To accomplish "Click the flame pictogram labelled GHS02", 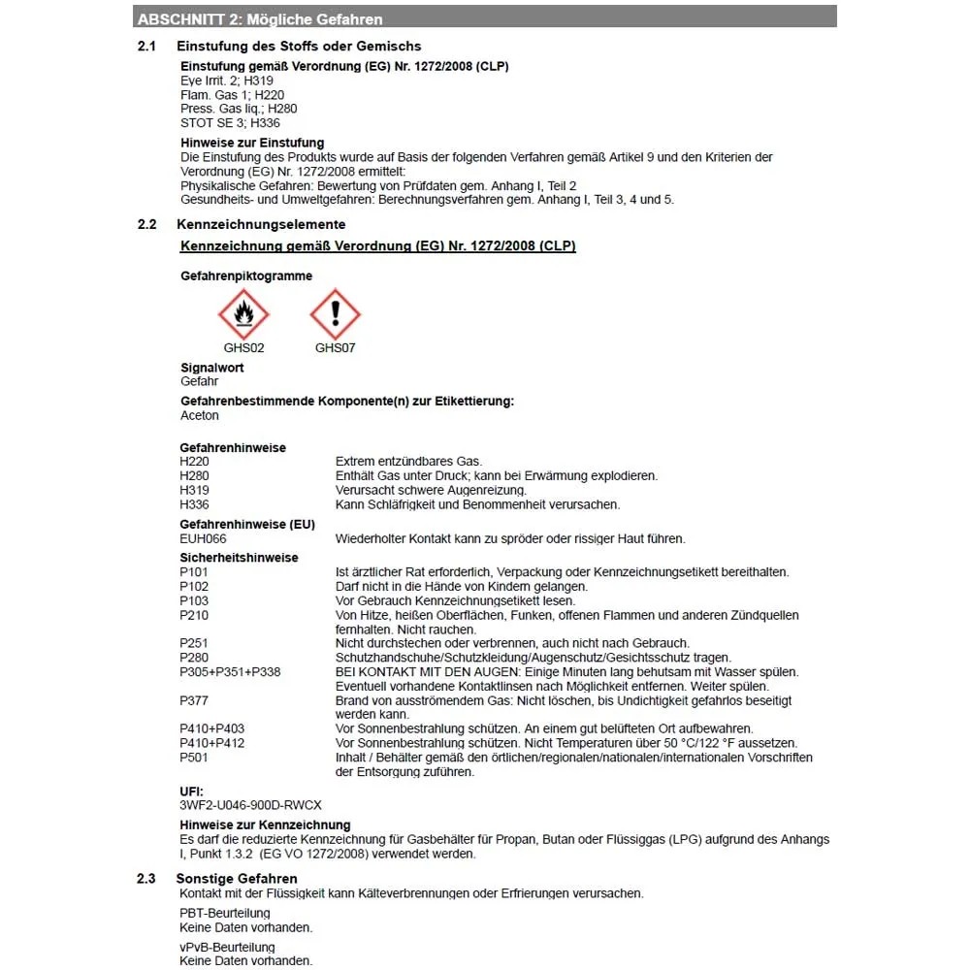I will [243, 313].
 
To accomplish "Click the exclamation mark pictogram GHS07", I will [335, 313].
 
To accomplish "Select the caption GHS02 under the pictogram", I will [243, 347].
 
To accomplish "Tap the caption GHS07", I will [335, 347].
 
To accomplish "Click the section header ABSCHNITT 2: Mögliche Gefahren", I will [260, 19].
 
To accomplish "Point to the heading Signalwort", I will [212, 368].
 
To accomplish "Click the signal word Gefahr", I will [200, 381].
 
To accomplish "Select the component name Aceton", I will [200, 415].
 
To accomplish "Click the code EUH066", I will [203, 538].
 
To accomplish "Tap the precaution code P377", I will [194, 699].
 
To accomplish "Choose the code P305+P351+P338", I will [230, 671].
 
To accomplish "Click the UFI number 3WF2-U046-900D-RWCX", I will [251, 805].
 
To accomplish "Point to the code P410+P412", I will [212, 743].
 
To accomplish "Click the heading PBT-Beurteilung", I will [225, 913].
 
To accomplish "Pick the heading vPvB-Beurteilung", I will [227, 947].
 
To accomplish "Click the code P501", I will [194, 758].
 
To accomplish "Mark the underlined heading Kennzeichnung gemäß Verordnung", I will [378, 246].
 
